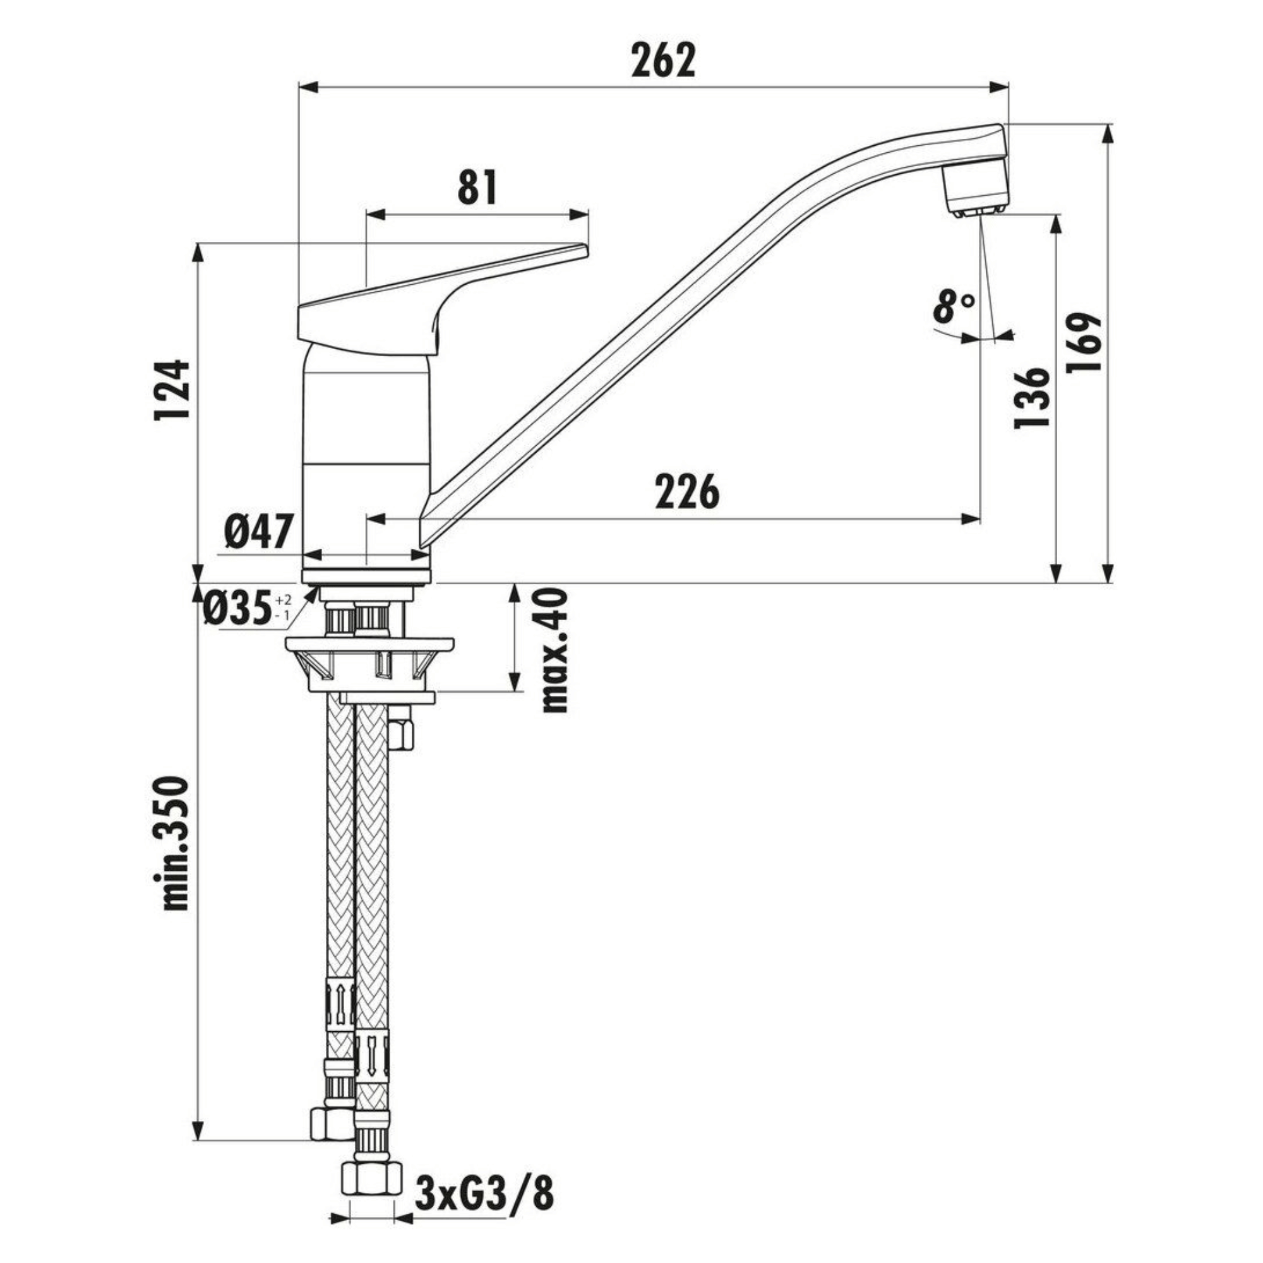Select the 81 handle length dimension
click(x=477, y=188)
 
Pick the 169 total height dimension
click(x=1084, y=342)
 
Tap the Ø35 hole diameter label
click(x=237, y=609)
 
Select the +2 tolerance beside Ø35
click(x=283, y=599)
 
